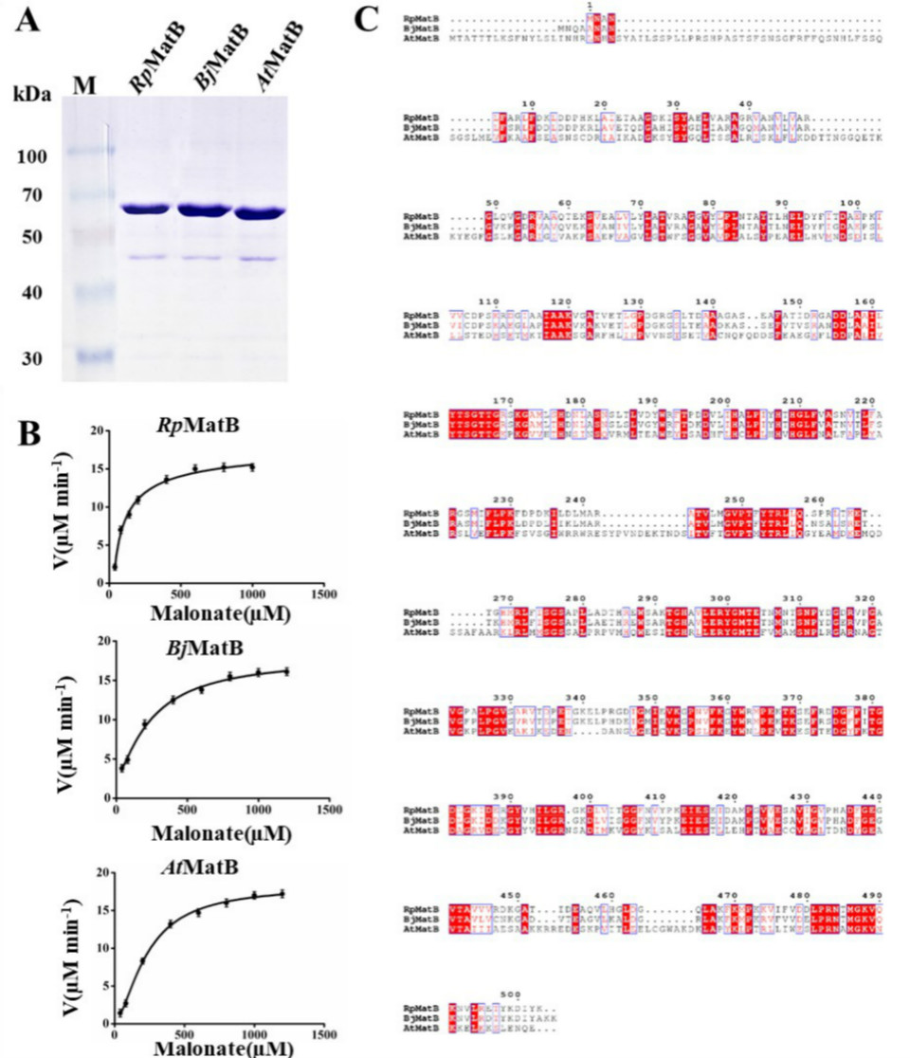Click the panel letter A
[27, 21]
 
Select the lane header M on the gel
[85, 86]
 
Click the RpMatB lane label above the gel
[156, 71]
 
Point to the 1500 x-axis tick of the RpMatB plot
[324, 595]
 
